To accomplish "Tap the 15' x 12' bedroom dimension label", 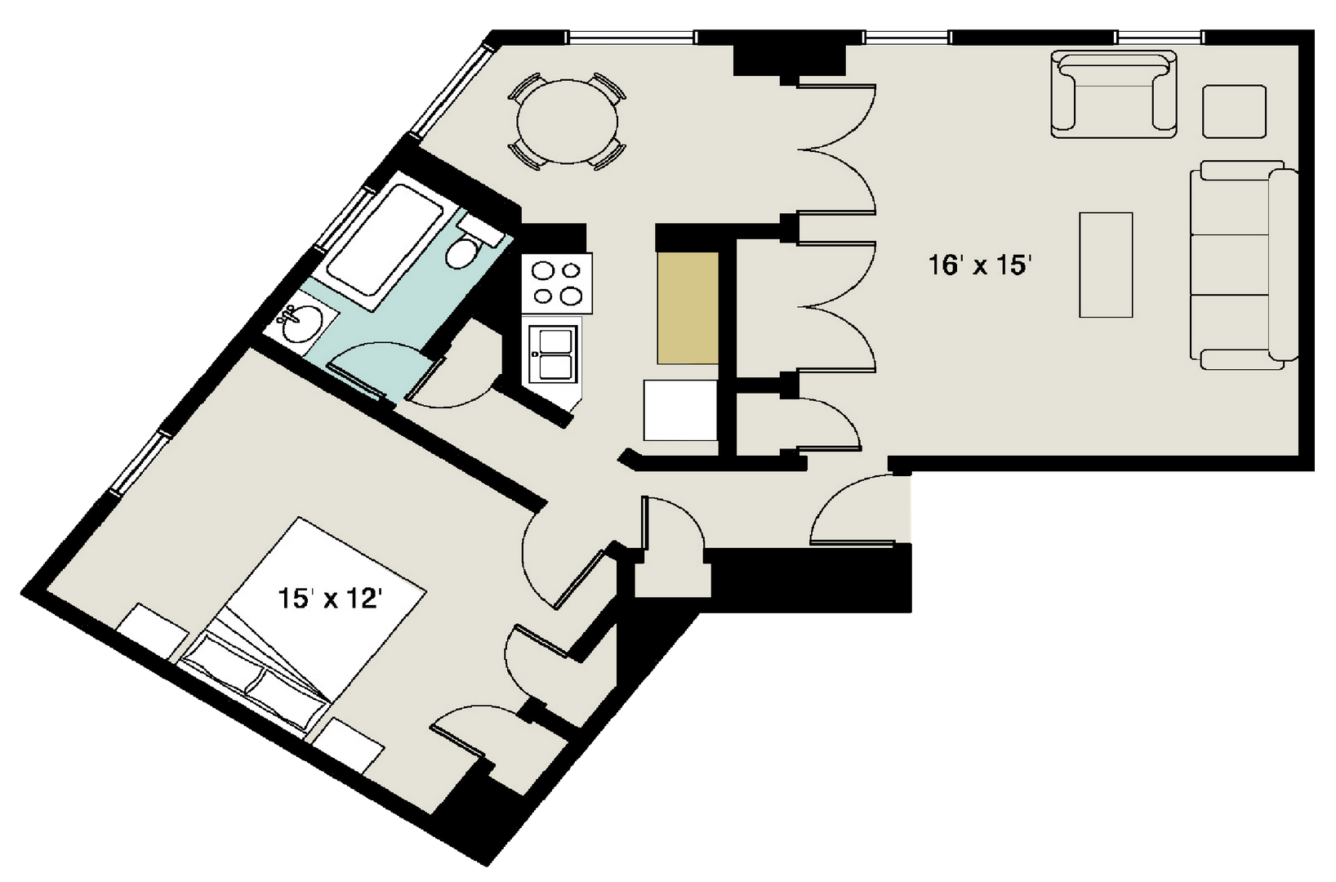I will (330, 599).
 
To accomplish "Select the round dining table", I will (566, 122).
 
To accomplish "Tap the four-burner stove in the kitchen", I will (557, 283).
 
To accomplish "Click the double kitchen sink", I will (554, 354).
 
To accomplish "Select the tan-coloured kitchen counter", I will (688, 308).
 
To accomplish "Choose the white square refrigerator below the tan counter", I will (679, 411).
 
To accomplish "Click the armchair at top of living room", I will (1114, 94).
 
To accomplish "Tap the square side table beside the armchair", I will (1234, 111).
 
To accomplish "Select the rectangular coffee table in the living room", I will (1106, 265).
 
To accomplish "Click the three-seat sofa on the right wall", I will (1241, 265).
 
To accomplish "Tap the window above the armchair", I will (1159, 37).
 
